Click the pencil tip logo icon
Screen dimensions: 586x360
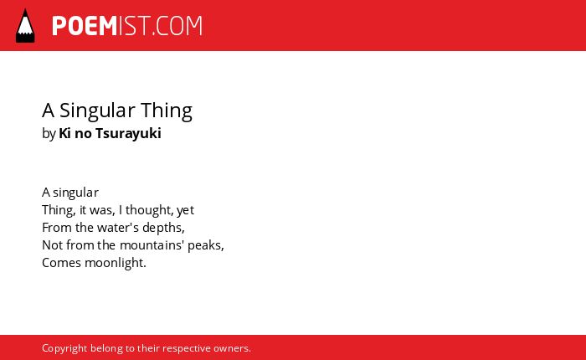coord(25,26)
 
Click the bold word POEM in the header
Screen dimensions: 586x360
coord(85,26)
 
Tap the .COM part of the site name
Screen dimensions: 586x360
coord(177,26)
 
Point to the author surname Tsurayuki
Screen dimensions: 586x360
coord(128,134)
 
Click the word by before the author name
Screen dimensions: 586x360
coord(49,134)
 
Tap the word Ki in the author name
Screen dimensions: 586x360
coord(64,133)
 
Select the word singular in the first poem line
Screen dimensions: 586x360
coord(75,193)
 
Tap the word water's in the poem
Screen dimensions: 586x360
coord(118,228)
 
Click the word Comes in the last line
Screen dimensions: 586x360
coord(61,263)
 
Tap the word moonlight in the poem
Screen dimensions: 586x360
coord(116,263)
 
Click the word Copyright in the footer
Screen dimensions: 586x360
coord(64,348)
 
